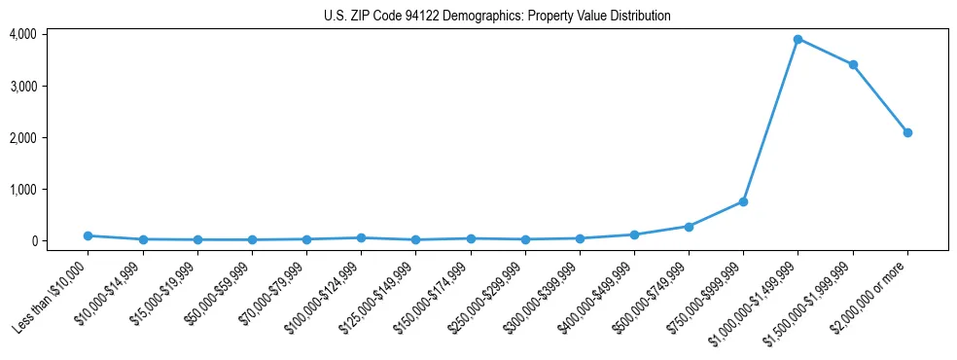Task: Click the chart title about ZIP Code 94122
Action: (x=497, y=17)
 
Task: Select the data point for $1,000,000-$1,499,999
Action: (x=797, y=39)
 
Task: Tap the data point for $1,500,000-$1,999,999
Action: (x=853, y=65)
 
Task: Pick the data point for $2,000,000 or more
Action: (x=907, y=132)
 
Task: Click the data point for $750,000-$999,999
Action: (x=743, y=201)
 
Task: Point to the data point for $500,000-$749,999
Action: (x=689, y=227)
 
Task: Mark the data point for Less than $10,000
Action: (x=89, y=235)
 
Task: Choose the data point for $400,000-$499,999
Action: (x=634, y=234)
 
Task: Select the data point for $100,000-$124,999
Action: (x=361, y=237)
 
